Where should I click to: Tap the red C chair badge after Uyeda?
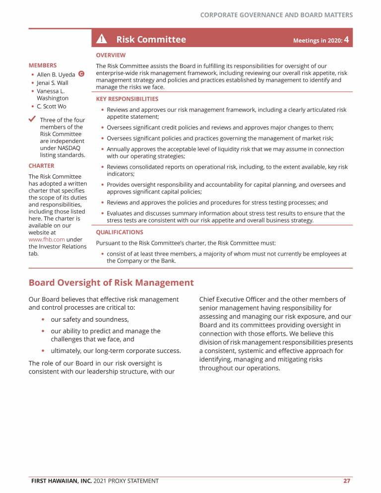(81, 74)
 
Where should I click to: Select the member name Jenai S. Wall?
(53, 83)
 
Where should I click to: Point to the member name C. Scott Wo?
(52, 106)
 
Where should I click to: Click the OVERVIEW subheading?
(111, 55)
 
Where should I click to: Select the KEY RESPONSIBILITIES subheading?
(127, 99)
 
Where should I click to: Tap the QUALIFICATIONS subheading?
(120, 232)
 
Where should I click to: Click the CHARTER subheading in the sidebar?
(42, 166)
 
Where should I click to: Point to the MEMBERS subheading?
(43, 65)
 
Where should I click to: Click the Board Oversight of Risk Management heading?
(111, 282)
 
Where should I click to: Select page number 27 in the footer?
(347, 481)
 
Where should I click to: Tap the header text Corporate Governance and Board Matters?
(276, 15)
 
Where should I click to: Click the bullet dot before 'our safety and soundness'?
(44, 319)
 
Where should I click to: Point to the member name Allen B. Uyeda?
(56, 74)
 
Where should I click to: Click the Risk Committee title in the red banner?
(151, 39)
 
